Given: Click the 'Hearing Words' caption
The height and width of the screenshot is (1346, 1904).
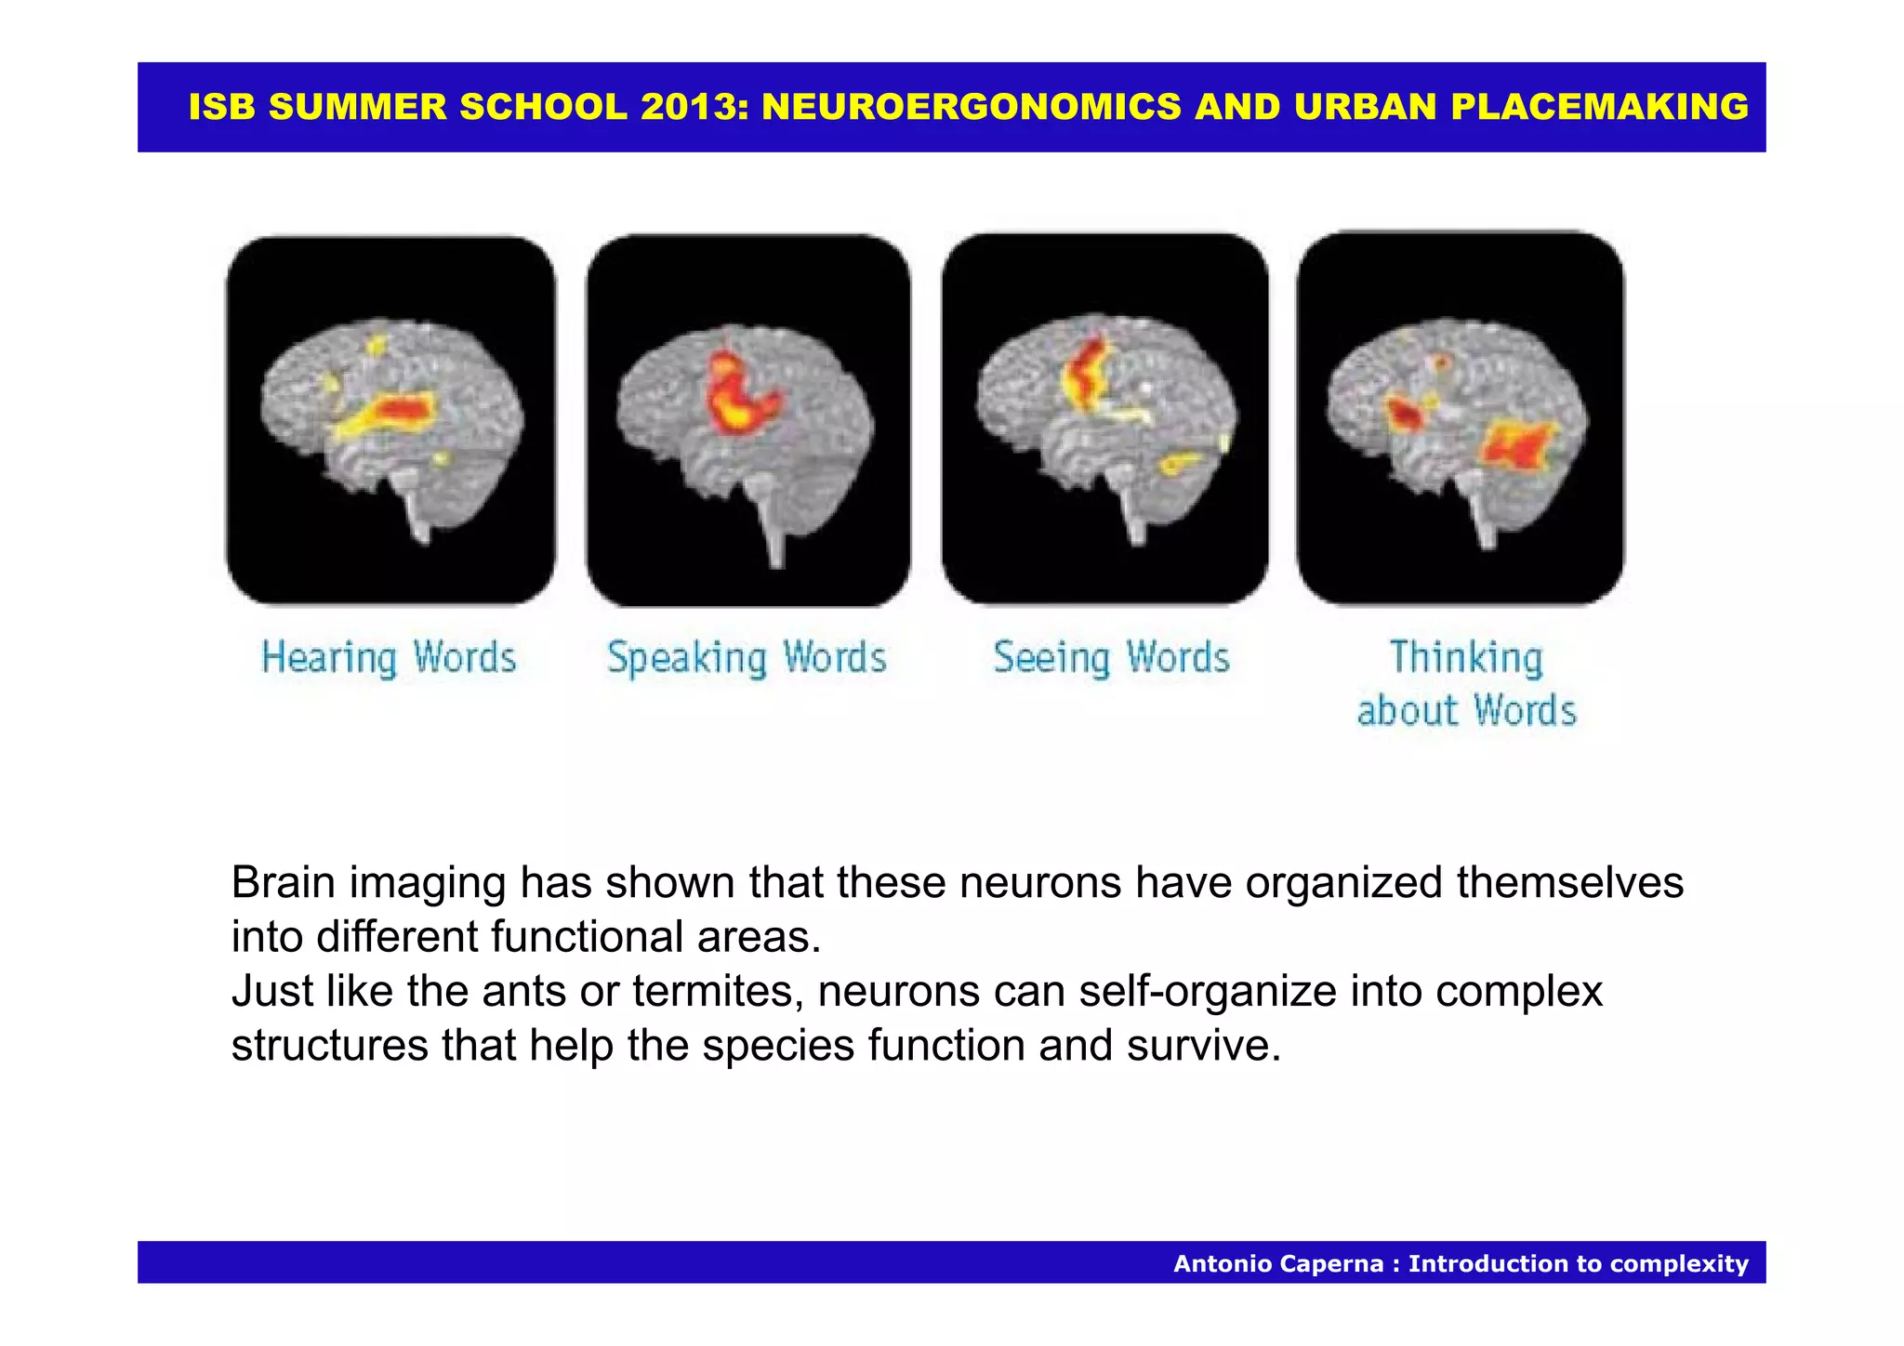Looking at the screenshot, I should [389, 658].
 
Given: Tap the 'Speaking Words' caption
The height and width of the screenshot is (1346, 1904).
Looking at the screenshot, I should [747, 658].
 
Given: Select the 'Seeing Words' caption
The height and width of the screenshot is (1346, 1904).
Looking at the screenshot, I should [1111, 658].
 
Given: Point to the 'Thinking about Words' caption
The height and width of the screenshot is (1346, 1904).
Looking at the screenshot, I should [1466, 684].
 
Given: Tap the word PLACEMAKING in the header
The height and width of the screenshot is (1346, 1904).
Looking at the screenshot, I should [1599, 107].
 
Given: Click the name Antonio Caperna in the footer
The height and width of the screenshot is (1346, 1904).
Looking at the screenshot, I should [1278, 1263].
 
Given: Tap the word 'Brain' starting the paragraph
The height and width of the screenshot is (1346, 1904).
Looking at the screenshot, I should [283, 882].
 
